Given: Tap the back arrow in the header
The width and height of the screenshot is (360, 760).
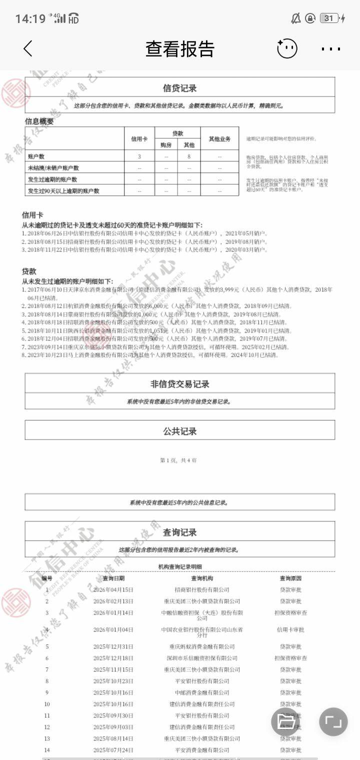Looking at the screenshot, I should pyautogui.click(x=28, y=48).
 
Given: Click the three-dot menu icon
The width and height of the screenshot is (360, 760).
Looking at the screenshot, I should pyautogui.click(x=330, y=49).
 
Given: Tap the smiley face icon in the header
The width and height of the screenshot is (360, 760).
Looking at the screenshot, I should pyautogui.click(x=287, y=48).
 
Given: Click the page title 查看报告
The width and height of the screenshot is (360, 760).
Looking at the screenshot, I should pyautogui.click(x=180, y=49).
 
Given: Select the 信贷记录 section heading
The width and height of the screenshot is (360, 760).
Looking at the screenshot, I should pyautogui.click(x=180, y=88).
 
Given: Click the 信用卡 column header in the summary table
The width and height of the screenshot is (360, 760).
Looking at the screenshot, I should pyautogui.click(x=139, y=138).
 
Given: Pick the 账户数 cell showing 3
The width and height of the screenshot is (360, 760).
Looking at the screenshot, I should pyautogui.click(x=139, y=156).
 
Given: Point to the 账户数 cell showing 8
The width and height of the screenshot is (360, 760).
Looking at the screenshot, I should pyautogui.click(x=189, y=156).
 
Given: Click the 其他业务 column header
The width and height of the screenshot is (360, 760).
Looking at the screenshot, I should pyautogui.click(x=219, y=138).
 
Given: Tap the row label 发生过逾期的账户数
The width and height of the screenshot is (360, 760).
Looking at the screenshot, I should pyautogui.click(x=53, y=179).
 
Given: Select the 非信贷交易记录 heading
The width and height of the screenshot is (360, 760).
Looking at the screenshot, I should pyautogui.click(x=180, y=384).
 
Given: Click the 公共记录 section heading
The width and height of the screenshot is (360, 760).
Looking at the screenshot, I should pyautogui.click(x=180, y=431).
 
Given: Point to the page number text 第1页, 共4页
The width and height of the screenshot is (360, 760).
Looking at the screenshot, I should pyautogui.click(x=178, y=460).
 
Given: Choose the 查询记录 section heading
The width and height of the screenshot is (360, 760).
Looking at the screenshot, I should pyautogui.click(x=180, y=532).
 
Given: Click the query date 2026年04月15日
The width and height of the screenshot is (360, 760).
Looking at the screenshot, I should pyautogui.click(x=113, y=590).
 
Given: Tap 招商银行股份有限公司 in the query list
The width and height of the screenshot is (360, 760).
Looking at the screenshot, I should pyautogui.click(x=202, y=590).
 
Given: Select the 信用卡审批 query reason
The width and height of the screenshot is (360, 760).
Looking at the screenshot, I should pyautogui.click(x=290, y=629).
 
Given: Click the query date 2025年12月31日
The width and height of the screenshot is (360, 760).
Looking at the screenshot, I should pyautogui.click(x=113, y=646).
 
